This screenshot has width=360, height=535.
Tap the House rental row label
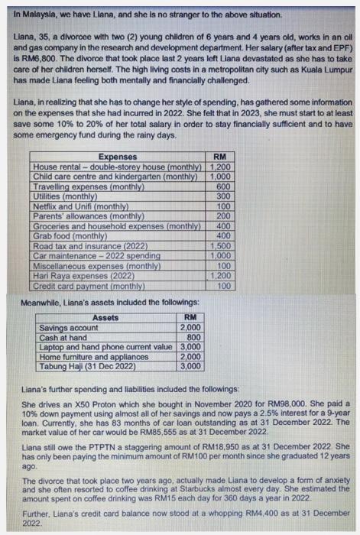(120, 167)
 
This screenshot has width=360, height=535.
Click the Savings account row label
(69, 327)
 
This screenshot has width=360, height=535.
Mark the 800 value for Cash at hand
(193, 337)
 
